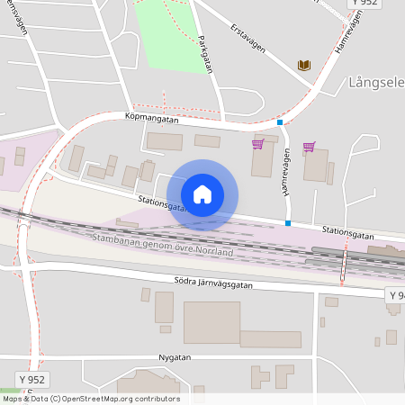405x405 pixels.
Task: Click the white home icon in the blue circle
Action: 202,193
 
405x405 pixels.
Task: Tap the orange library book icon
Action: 304,65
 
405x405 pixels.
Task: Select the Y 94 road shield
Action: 396,295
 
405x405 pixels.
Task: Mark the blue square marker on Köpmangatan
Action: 280,122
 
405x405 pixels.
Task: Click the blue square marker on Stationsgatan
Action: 288,223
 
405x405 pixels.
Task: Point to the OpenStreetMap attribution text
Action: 90,399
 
